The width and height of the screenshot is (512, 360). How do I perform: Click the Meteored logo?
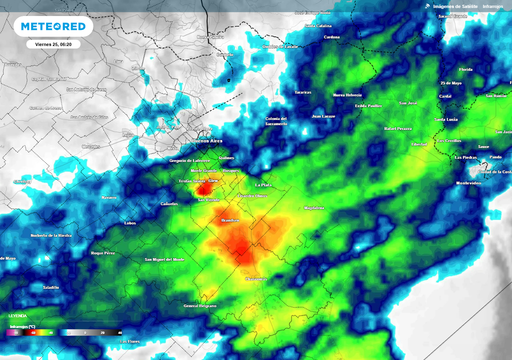click(53, 26)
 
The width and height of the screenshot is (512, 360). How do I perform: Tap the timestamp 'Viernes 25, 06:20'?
click(53, 44)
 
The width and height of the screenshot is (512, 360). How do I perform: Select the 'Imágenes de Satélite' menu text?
click(455, 6)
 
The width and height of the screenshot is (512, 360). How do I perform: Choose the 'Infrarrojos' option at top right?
click(493, 6)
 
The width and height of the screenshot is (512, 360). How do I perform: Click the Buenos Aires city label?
click(207, 141)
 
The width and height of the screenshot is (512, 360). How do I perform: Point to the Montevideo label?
click(468, 183)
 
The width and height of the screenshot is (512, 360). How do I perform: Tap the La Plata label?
click(263, 185)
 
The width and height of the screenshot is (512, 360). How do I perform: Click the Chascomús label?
click(256, 279)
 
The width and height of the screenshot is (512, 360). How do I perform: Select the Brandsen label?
click(230, 220)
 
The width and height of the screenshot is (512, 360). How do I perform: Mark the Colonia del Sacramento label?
click(276, 121)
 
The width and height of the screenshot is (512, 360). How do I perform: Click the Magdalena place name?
click(314, 207)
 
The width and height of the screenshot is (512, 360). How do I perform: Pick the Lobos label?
click(130, 223)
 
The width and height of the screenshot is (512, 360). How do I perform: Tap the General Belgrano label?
click(200, 305)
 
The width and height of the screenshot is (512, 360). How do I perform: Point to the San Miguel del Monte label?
click(164, 259)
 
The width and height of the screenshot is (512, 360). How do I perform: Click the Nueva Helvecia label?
click(347, 95)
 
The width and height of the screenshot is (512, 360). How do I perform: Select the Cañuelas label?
click(169, 204)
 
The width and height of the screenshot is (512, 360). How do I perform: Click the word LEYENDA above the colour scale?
click(18, 316)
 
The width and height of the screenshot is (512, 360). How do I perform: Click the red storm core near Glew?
click(203, 189)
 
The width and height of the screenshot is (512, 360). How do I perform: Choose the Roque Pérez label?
click(103, 253)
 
